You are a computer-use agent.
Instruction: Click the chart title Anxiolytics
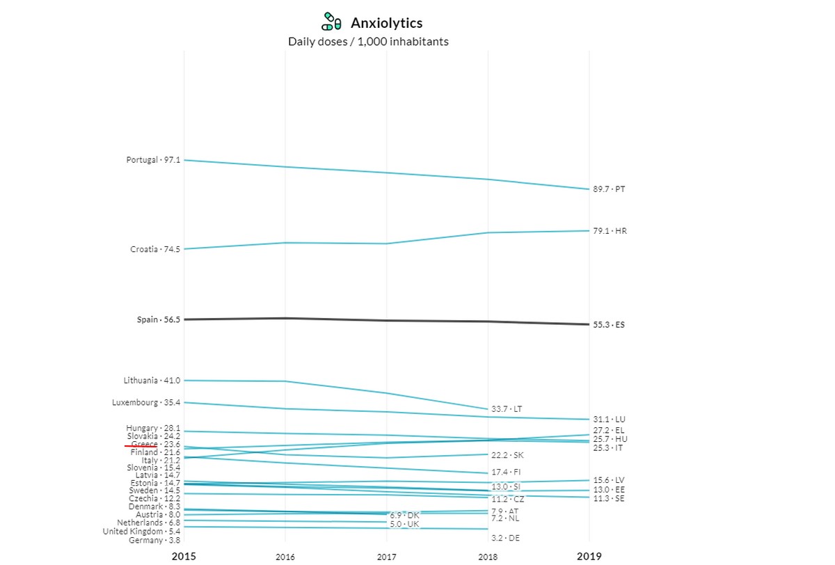pyautogui.click(x=386, y=24)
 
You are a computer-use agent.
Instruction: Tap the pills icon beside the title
pyautogui.click(x=331, y=22)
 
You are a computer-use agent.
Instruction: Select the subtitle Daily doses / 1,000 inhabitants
pyautogui.click(x=368, y=42)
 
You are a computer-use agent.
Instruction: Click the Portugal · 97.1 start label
pyautogui.click(x=153, y=160)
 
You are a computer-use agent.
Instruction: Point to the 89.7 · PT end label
pyautogui.click(x=609, y=189)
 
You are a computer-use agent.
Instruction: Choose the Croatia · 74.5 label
pyautogui.click(x=155, y=249)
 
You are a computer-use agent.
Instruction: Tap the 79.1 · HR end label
pyautogui.click(x=610, y=231)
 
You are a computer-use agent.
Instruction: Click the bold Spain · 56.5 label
pyautogui.click(x=159, y=320)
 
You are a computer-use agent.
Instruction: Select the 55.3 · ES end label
pyautogui.click(x=609, y=325)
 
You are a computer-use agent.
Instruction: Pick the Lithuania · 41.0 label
pyautogui.click(x=152, y=381)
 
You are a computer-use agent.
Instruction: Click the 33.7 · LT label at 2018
pyautogui.click(x=507, y=409)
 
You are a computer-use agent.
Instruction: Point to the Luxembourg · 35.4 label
pyautogui.click(x=146, y=403)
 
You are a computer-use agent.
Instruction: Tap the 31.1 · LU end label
pyautogui.click(x=609, y=420)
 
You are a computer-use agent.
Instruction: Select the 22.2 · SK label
pyautogui.click(x=507, y=456)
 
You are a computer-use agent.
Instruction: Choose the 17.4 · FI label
pyautogui.click(x=506, y=472)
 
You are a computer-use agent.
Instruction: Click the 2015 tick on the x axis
pyautogui.click(x=184, y=556)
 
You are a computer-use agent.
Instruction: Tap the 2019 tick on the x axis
pyautogui.click(x=589, y=556)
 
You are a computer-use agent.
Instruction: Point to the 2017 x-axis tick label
pyautogui.click(x=387, y=557)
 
